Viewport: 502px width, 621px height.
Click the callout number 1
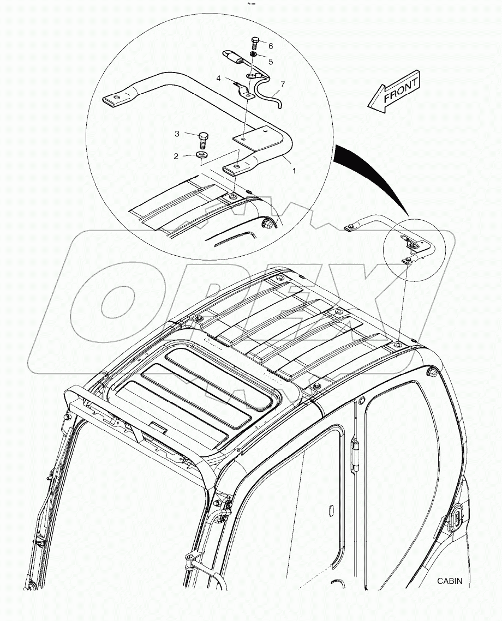click(294, 171)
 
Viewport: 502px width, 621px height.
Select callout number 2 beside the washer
click(176, 156)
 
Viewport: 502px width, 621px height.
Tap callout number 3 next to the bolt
click(177, 134)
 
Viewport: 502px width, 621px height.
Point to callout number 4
click(218, 79)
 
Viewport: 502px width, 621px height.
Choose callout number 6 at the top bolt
click(270, 46)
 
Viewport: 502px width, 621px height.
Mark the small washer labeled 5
click(254, 55)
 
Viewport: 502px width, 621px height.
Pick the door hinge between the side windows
click(355, 452)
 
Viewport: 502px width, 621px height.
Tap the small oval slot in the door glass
click(330, 510)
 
